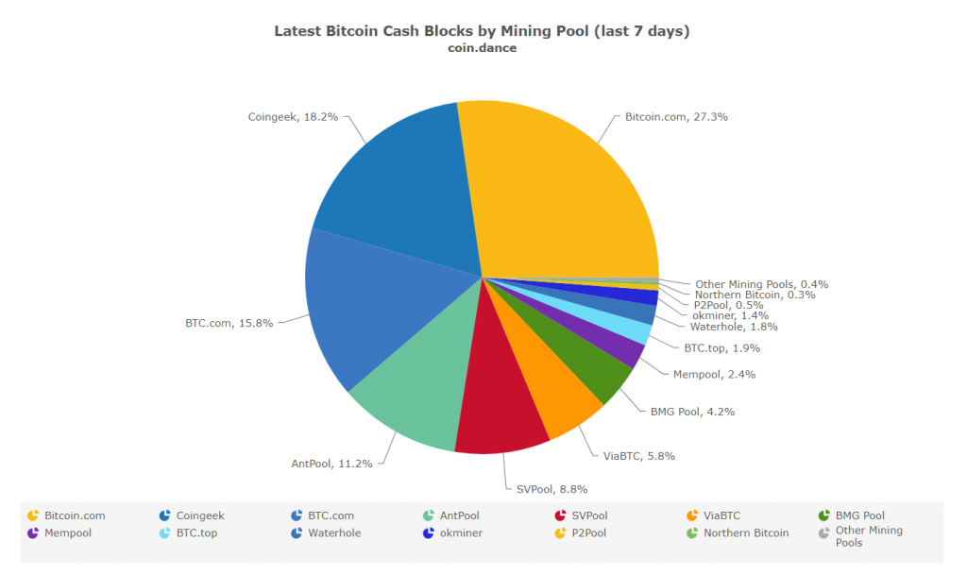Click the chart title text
tap(482, 31)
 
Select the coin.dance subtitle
tap(482, 48)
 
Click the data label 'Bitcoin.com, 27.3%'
tap(676, 117)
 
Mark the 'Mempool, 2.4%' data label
tap(714, 374)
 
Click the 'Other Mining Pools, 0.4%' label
tap(761, 284)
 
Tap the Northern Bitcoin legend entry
tap(745, 532)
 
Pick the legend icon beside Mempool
tap(33, 532)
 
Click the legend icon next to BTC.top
tap(165, 532)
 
